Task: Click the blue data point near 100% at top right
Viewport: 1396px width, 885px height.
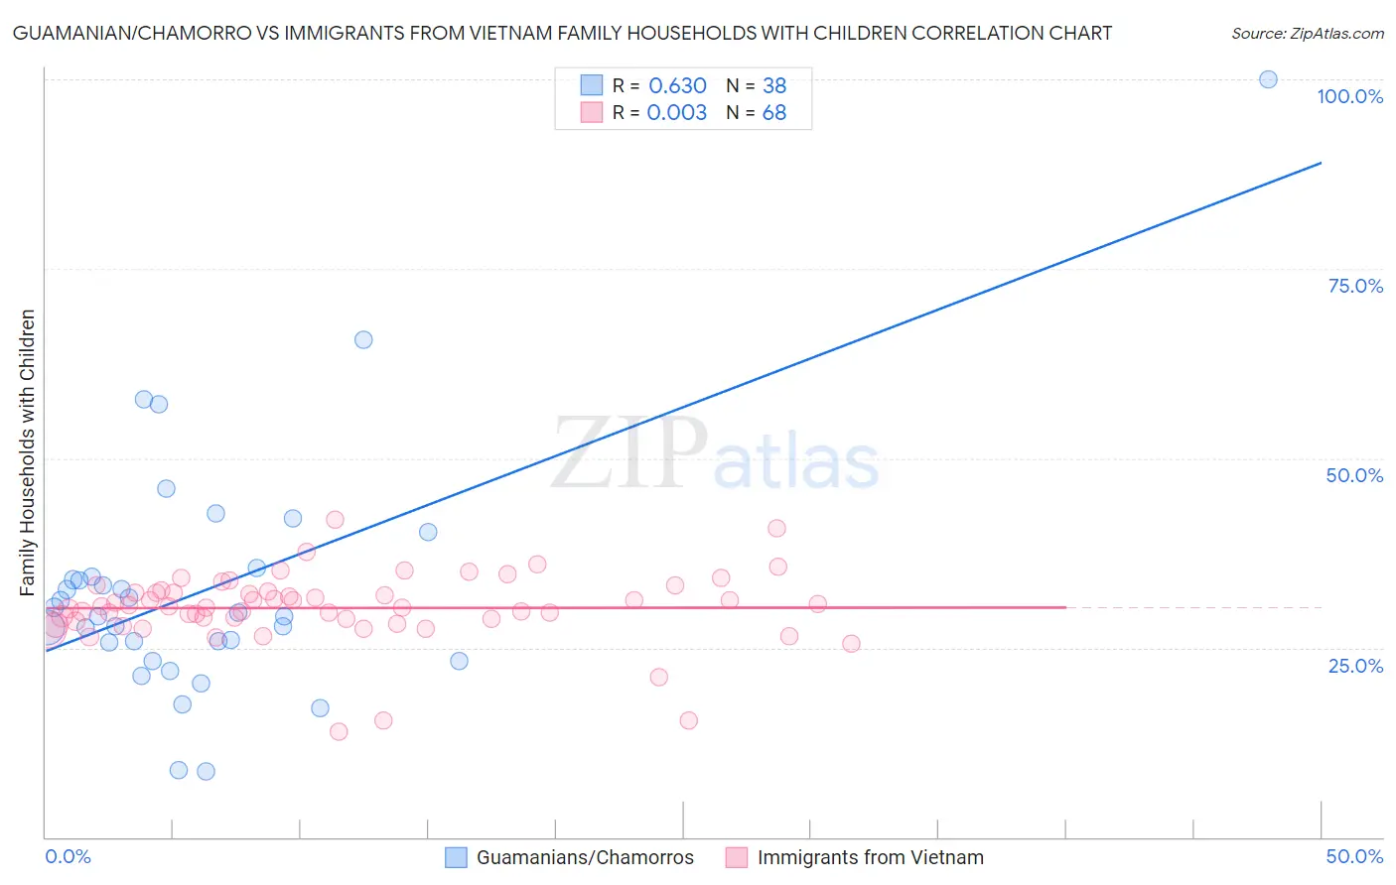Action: (1268, 79)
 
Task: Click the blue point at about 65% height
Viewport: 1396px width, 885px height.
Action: (363, 339)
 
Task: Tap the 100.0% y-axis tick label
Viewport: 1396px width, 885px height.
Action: (1349, 96)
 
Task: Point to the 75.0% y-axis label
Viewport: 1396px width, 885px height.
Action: (1355, 286)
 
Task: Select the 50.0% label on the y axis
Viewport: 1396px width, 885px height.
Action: (1354, 475)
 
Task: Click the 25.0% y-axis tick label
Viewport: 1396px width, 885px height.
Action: (1355, 666)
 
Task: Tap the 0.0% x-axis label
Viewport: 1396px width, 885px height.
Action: (68, 856)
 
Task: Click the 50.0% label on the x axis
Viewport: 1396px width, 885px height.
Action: (1354, 856)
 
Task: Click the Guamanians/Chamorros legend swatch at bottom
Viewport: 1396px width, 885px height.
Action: (456, 857)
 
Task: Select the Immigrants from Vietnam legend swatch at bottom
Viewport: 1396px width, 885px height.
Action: (736, 857)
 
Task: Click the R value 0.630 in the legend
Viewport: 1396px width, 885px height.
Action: (677, 85)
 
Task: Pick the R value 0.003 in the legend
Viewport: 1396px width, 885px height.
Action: (677, 113)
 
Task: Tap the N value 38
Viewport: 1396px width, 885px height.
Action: (774, 85)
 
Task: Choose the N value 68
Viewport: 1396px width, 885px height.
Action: (774, 113)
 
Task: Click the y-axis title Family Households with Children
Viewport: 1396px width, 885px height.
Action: (28, 452)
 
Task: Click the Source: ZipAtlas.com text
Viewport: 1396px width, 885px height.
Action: (1307, 34)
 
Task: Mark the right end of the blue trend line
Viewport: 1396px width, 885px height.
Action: (1321, 162)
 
